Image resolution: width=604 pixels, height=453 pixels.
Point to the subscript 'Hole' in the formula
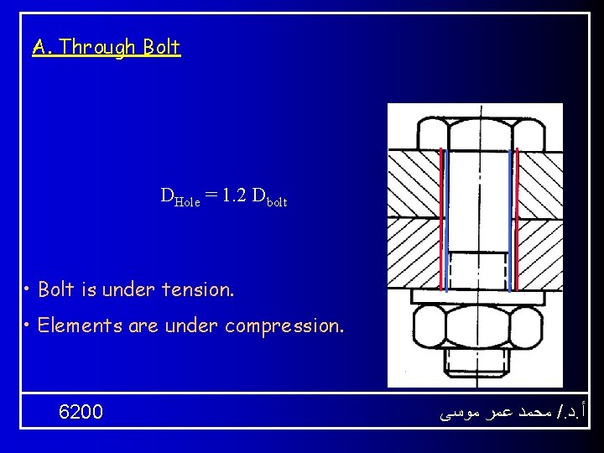pos(185,201)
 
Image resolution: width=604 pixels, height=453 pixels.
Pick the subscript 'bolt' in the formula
pos(277,201)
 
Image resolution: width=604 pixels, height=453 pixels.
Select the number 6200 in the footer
pos(81,412)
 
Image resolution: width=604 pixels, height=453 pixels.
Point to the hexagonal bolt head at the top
pos(476,133)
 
